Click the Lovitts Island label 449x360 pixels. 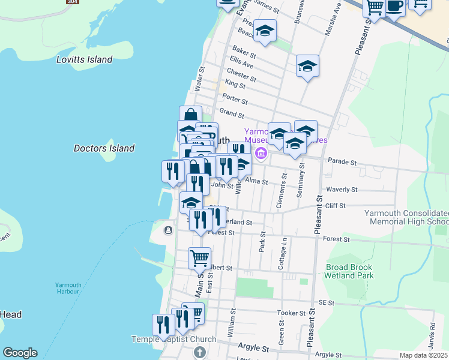point(84,59)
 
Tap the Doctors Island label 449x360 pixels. point(104,148)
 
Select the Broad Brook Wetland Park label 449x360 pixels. point(349,271)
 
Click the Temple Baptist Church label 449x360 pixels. point(173,340)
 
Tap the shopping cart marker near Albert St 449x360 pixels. point(199,258)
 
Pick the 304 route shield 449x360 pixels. point(73,2)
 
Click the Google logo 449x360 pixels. point(20,353)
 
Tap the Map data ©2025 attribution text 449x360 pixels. point(424,355)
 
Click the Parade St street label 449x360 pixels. point(342,162)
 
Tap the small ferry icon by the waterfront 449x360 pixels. point(168,230)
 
